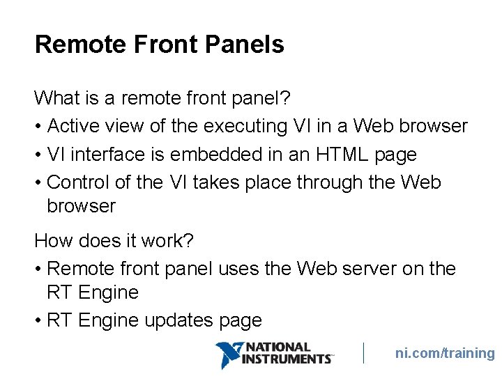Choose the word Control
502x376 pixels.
[x=79, y=182]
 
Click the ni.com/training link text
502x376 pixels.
[x=445, y=353]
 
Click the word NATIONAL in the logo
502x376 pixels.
[x=279, y=347]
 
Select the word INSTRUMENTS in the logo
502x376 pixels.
[x=286, y=359]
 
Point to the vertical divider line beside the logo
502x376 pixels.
[x=364, y=353]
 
